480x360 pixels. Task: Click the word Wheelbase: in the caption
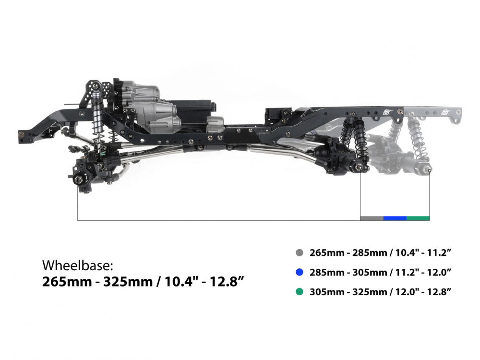point(78,265)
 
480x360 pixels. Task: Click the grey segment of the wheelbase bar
point(372,218)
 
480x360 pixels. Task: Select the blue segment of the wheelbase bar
point(395,218)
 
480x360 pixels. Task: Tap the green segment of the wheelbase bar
point(418,218)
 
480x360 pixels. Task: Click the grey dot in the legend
point(300,252)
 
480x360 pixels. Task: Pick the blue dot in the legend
point(300,272)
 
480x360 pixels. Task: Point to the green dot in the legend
point(300,292)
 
